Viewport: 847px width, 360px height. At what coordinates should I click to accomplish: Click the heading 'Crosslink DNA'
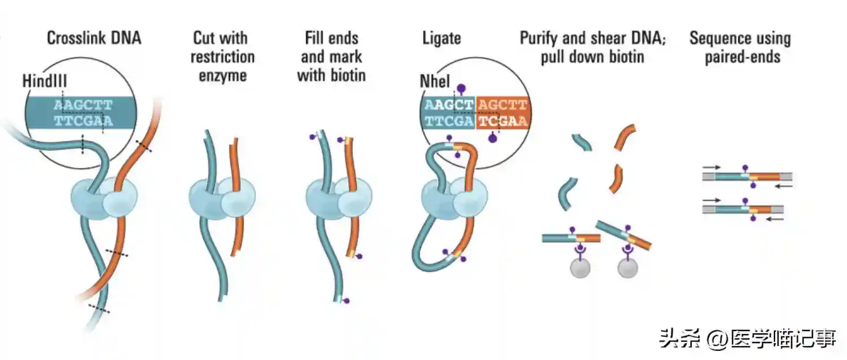(93, 38)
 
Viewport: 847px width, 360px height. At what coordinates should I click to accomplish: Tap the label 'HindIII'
(44, 81)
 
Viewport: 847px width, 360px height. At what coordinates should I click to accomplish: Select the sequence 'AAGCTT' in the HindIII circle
(83, 105)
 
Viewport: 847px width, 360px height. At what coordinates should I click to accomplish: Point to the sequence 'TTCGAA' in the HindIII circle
(83, 120)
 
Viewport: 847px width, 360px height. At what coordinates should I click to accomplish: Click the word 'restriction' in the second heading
(223, 57)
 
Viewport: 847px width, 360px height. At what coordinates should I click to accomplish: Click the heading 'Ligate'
(442, 38)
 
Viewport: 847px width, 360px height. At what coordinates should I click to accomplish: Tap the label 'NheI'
(435, 81)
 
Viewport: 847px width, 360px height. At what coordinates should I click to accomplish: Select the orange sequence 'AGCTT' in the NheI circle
(502, 105)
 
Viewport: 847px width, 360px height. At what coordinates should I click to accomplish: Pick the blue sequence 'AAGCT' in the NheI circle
(448, 105)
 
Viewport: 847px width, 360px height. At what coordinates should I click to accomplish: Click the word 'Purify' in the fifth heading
(539, 38)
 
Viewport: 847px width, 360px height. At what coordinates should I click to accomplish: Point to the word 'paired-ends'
(742, 57)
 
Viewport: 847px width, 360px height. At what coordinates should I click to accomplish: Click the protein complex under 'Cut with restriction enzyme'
(221, 199)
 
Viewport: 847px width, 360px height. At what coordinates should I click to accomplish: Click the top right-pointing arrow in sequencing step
(713, 168)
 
